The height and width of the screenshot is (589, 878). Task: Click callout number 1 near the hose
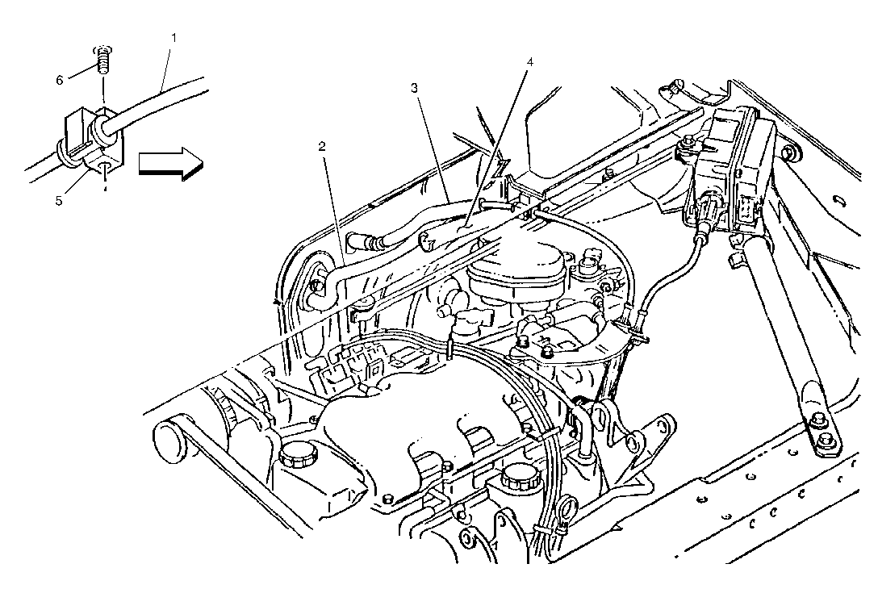(174, 37)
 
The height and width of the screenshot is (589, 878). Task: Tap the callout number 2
(321, 146)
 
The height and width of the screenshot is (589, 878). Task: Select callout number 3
(414, 88)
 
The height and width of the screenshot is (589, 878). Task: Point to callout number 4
(529, 61)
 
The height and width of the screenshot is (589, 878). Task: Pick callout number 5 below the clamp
(59, 201)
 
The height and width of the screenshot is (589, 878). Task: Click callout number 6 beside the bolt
(60, 80)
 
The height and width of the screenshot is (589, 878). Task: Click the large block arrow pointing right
(171, 163)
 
